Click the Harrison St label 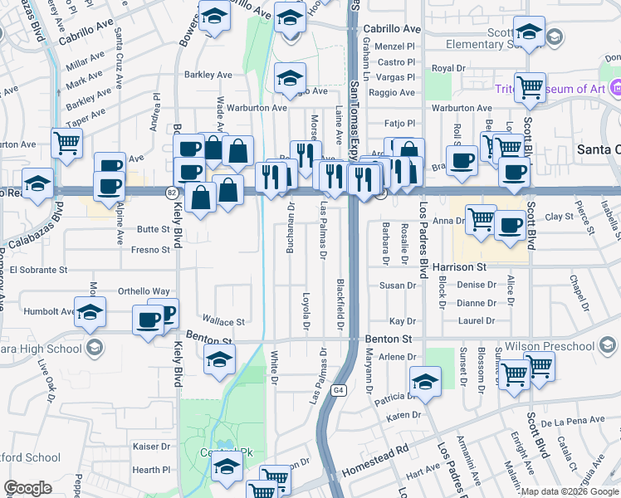point(458,267)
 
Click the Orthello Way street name point(144,291)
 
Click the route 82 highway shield point(171,193)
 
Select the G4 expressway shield point(339,389)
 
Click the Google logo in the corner point(27,488)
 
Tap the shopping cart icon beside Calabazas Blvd point(66,142)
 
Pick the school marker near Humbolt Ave point(90,312)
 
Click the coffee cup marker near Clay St point(511,224)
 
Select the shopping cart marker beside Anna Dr point(481,219)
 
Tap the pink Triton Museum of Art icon point(616,89)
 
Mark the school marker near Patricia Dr point(426,382)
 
